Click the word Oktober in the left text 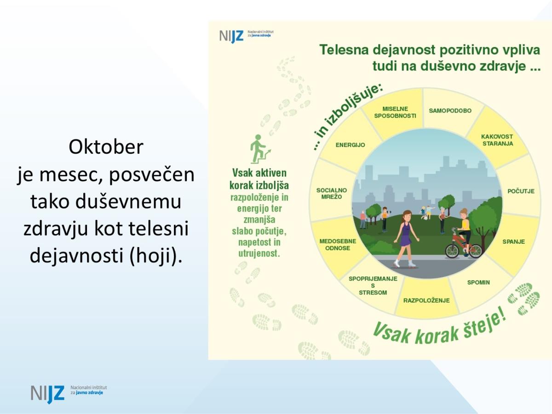pos(106,147)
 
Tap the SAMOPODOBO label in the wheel pos(450,110)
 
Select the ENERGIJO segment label pos(350,145)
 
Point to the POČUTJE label pos(521,191)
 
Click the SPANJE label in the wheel pos(513,241)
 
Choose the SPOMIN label pos(478,282)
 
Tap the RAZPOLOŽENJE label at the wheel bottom pos(426,300)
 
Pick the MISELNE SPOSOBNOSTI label pos(395,112)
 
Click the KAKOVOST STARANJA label pos(497,140)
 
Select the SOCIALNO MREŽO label pos(332,194)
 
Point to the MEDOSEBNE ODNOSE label pos(338,245)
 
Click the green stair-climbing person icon pos(260,149)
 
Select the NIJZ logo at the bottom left pos(69,394)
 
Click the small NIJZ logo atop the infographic pos(246,36)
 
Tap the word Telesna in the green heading pos(344,50)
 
